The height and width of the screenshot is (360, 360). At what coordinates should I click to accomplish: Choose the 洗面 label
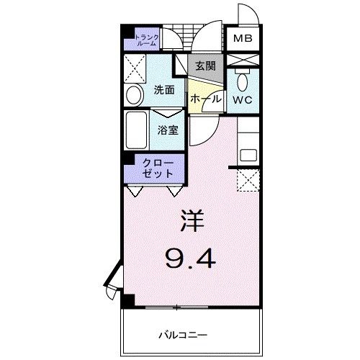165,91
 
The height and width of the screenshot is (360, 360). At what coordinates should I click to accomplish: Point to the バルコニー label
183,335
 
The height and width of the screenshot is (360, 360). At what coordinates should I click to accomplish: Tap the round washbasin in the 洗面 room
134,96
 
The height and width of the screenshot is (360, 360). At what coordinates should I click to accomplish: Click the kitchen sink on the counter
248,153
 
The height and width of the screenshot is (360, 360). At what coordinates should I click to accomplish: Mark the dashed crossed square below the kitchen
248,180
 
